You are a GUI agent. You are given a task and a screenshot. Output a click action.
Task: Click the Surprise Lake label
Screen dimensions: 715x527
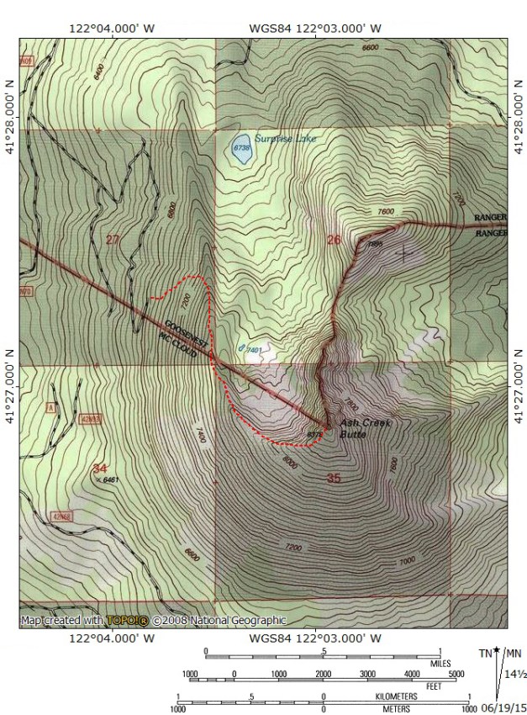tap(285, 139)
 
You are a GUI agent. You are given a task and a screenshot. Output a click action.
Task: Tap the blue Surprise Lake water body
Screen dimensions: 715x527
tap(240, 148)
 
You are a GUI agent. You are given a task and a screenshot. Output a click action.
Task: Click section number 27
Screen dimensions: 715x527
tap(113, 241)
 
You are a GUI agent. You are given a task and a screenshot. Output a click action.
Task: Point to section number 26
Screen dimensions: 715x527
tap(334, 240)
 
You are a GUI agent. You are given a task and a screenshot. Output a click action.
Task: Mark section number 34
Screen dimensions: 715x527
tap(100, 468)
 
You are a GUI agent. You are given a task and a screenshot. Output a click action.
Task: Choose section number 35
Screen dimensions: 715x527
tap(334, 478)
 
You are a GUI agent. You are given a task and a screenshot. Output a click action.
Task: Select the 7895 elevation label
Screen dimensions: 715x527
tap(375, 245)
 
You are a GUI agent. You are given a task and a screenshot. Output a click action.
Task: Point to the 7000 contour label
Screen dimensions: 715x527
tap(407, 561)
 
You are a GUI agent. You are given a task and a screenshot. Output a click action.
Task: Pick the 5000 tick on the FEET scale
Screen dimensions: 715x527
tap(456, 675)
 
